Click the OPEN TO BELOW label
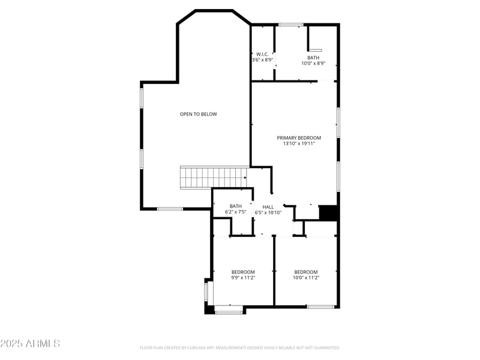click(198, 114)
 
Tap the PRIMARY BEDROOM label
click(299, 137)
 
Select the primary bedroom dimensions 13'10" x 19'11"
click(299, 144)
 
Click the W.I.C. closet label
click(263, 54)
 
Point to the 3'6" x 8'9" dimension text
click(263, 60)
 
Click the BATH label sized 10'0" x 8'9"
click(313, 58)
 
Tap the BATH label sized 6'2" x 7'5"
click(235, 206)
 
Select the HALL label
click(268, 206)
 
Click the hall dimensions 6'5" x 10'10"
click(268, 212)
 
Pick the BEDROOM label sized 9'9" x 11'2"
click(243, 272)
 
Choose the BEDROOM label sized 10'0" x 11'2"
click(305, 272)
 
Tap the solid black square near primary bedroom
click(328, 213)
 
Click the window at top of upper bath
click(290, 25)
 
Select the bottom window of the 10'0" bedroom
click(320, 307)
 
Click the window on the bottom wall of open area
click(170, 209)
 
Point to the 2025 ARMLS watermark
click(30, 344)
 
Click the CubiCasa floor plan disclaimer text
click(240, 347)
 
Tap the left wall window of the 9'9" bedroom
click(206, 292)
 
